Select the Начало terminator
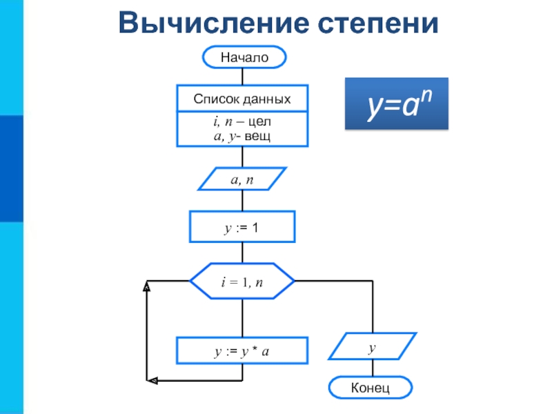[x=244, y=57]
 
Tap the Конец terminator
[x=371, y=388]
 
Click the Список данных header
[x=242, y=99]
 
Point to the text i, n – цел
[x=242, y=121]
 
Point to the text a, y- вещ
[x=242, y=136]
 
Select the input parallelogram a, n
[x=242, y=179]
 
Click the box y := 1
[x=242, y=227]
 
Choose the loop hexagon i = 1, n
[x=242, y=282]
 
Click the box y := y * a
[x=242, y=351]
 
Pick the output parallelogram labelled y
[x=373, y=346]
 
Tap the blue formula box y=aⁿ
[x=397, y=103]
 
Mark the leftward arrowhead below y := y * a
[x=152, y=381]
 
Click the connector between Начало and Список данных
[x=243, y=77]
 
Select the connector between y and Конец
[x=373, y=368]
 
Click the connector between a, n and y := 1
[x=243, y=201]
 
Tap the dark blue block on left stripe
[x=12, y=168]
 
